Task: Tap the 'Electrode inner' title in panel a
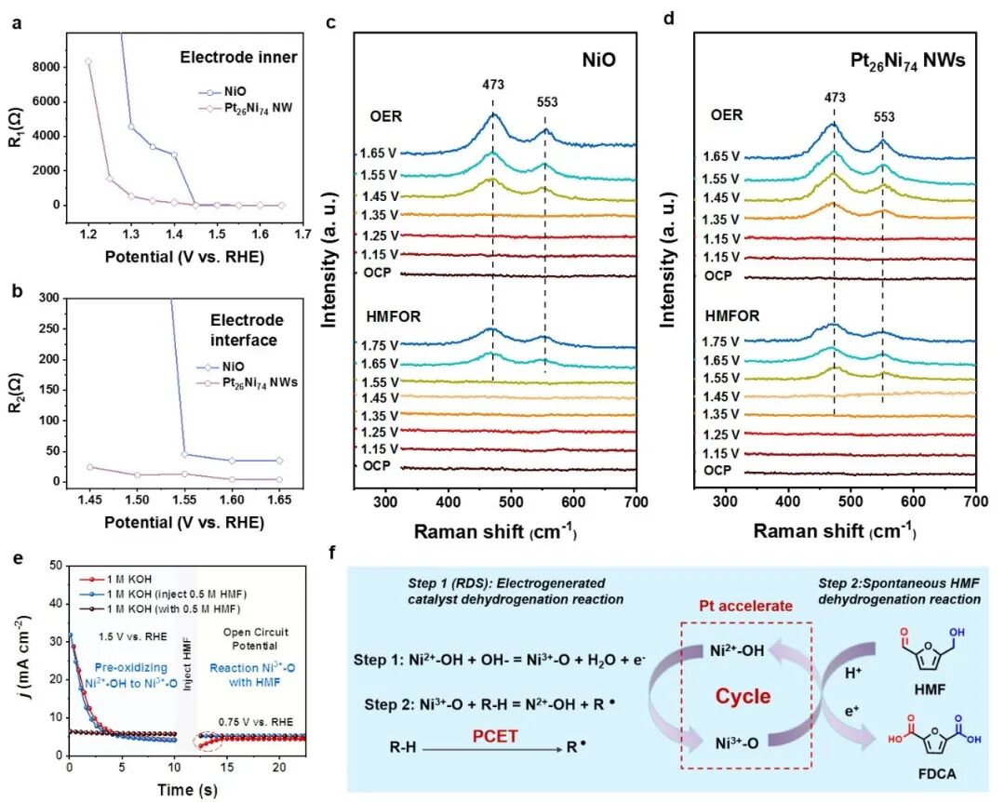coord(237,58)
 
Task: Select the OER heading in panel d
coord(726,115)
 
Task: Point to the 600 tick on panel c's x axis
coord(572,501)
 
